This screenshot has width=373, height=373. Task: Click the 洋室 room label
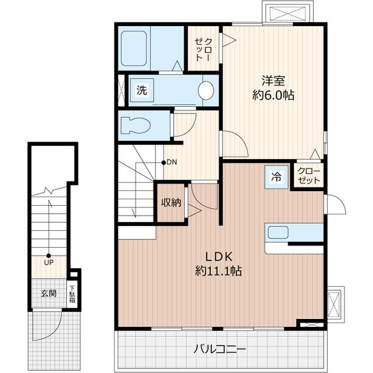(x=273, y=80)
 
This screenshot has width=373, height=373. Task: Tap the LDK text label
(x=219, y=256)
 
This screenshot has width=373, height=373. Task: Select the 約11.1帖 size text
(x=219, y=270)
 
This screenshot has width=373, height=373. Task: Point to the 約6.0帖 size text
(x=273, y=95)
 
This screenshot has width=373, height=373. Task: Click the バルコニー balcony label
(x=219, y=350)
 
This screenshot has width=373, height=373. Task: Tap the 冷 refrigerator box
(x=276, y=177)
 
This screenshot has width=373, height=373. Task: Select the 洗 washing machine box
(x=142, y=90)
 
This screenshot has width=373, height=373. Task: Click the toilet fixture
(x=136, y=125)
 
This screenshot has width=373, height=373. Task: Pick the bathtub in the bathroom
(x=133, y=48)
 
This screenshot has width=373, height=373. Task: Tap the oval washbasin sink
(x=206, y=90)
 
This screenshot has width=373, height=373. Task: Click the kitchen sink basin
(x=278, y=233)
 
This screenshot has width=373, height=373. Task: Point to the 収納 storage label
(x=171, y=203)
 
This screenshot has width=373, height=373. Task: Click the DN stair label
(x=172, y=163)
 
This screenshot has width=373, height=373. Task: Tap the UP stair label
(x=48, y=263)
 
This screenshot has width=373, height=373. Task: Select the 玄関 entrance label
(x=48, y=293)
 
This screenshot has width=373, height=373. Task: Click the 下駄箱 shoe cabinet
(x=72, y=295)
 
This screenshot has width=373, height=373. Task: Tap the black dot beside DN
(x=163, y=163)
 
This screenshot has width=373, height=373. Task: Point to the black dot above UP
(x=48, y=256)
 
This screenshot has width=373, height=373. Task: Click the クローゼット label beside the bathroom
(x=203, y=50)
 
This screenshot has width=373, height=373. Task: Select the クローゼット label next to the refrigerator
(x=309, y=176)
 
